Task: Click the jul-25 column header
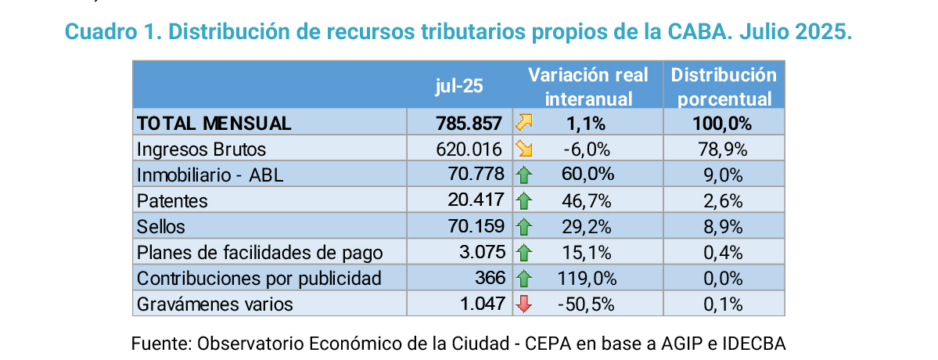(x=459, y=86)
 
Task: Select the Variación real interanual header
(x=588, y=87)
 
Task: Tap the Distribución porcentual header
(x=724, y=87)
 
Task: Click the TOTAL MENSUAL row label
(x=214, y=123)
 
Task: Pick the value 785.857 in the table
(x=469, y=123)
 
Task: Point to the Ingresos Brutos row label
(x=201, y=149)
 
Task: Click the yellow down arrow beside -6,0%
(x=523, y=149)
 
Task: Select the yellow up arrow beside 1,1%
(x=523, y=123)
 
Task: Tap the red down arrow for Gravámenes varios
(x=523, y=304)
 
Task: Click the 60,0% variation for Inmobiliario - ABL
(x=588, y=175)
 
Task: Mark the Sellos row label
(x=161, y=226)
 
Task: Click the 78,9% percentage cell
(x=723, y=149)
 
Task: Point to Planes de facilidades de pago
(x=260, y=253)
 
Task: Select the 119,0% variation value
(x=588, y=279)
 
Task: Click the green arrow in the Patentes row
(x=523, y=200)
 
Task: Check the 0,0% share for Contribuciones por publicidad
(x=723, y=279)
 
